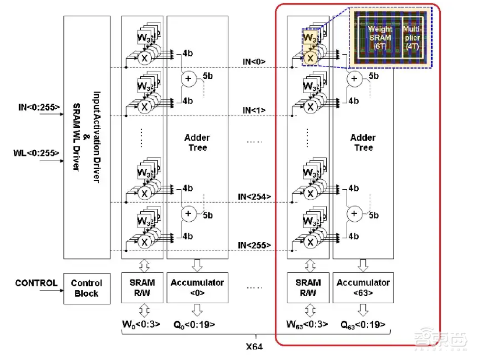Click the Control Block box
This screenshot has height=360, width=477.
pos(86,288)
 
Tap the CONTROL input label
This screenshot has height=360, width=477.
pos(36,283)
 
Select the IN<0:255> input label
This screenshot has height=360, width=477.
pos(38,107)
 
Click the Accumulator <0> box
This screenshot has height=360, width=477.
pos(197,288)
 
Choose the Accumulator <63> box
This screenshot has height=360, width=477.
pos(363,288)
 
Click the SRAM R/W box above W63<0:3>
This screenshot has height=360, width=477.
pos(308,288)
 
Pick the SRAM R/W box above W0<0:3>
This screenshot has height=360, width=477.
pos(142,288)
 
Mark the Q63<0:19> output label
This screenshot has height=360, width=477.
pos(363,325)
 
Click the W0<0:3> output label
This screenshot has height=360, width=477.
pos(141,325)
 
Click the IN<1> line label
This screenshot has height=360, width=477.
pos(254,111)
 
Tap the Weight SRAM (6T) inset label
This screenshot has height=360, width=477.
pos(380,36)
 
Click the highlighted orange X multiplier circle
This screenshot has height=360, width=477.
pos(310,58)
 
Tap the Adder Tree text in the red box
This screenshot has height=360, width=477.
pos(363,142)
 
